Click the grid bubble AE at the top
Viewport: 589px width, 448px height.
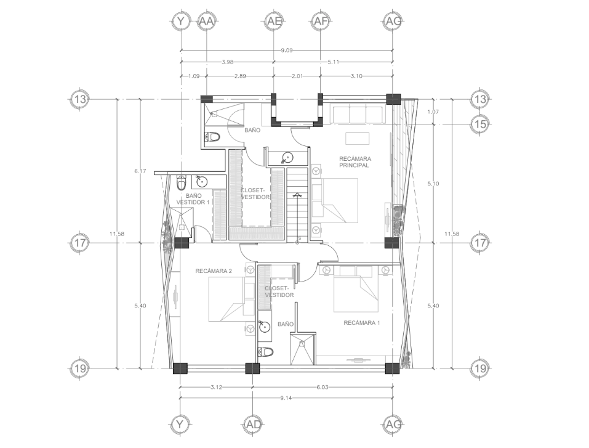[x=273, y=21]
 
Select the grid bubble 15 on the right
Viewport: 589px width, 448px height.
[x=481, y=124]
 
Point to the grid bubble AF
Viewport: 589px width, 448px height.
[x=320, y=21]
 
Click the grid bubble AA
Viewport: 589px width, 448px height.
[x=206, y=21]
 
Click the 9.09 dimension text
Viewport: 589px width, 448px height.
[x=287, y=50]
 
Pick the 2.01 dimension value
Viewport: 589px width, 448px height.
[x=297, y=76]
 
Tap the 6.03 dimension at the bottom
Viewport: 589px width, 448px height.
[x=323, y=387]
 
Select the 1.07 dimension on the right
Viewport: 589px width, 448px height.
[x=433, y=112]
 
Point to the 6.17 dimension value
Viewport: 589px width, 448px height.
[x=140, y=171]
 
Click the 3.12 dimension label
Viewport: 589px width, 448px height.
[x=216, y=387]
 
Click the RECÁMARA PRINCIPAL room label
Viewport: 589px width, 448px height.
[x=355, y=162]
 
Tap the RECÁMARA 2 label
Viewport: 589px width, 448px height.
[x=214, y=271]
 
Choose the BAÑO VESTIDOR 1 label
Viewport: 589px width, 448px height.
[x=193, y=199]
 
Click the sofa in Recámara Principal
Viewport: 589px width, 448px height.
[x=357, y=113]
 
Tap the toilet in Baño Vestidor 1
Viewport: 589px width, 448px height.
[x=182, y=182]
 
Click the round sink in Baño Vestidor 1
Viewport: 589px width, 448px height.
[x=202, y=182]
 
